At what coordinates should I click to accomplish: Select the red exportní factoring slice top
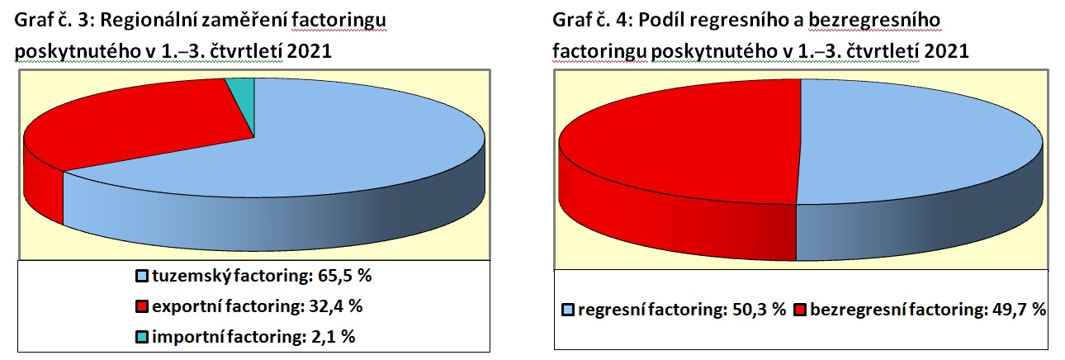pos(143,125)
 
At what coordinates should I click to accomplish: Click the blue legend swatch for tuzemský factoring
pos(142,277)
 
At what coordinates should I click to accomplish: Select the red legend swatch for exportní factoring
pos(142,306)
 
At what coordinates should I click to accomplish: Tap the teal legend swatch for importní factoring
pos(142,337)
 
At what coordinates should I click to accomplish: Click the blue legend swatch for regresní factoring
pos(568,310)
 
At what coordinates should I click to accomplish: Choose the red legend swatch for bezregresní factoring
pos(801,310)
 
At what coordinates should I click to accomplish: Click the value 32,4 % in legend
pos(336,306)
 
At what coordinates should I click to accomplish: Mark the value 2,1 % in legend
pos(333,337)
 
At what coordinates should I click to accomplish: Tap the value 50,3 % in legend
pos(760,310)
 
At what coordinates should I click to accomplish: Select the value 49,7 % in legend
pos(1019,310)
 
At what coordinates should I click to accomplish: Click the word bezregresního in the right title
pos(874,21)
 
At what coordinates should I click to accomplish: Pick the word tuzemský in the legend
pos(192,277)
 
